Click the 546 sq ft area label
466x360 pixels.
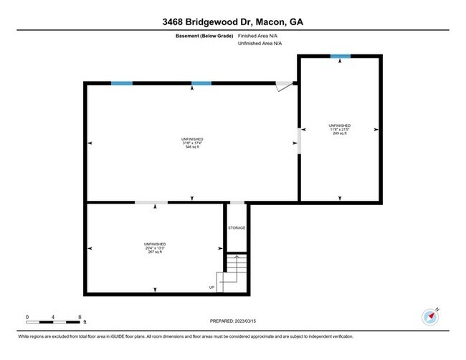tap(193, 147)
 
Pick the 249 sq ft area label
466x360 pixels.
tap(340, 133)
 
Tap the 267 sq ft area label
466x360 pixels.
tap(155, 252)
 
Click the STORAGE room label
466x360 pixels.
tap(237, 228)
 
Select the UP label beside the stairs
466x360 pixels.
tap(212, 288)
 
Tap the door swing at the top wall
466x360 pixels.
tap(285, 86)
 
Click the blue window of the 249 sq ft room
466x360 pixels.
tap(340, 56)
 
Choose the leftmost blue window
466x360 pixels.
tap(121, 83)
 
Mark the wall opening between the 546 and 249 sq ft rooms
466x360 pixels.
tap(298, 141)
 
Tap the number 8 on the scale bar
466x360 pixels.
tap(80, 316)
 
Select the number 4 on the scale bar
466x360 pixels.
tap(53, 316)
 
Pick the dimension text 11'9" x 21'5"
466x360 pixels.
tap(340, 129)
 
